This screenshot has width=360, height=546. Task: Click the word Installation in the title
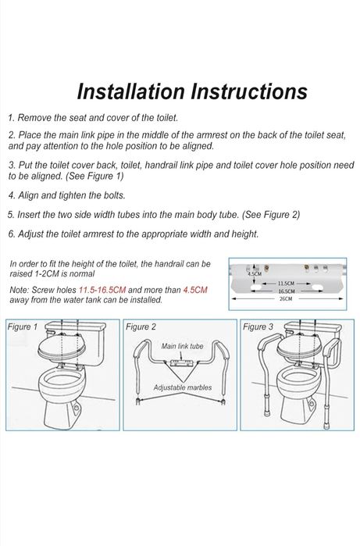[x=131, y=91]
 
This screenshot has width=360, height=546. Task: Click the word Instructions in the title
[x=249, y=91]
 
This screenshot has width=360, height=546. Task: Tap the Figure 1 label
[x=23, y=327]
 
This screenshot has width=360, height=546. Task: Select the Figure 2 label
[x=141, y=327]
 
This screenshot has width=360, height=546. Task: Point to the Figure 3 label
[x=258, y=327]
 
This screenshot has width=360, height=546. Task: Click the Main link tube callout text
[x=182, y=346]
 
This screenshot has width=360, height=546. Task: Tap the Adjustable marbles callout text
[x=183, y=387]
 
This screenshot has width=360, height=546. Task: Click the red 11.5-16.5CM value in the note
[x=102, y=290]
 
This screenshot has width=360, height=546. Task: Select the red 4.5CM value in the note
[x=195, y=290]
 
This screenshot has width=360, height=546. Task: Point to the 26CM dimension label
[x=286, y=298]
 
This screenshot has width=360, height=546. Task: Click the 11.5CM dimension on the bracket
[x=286, y=284]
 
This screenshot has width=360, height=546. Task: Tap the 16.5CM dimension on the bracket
[x=286, y=291]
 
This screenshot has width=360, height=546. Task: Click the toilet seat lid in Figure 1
[x=61, y=347]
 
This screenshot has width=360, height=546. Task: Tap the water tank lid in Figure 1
[x=76, y=326]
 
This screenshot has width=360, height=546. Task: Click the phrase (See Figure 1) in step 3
[x=94, y=177]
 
